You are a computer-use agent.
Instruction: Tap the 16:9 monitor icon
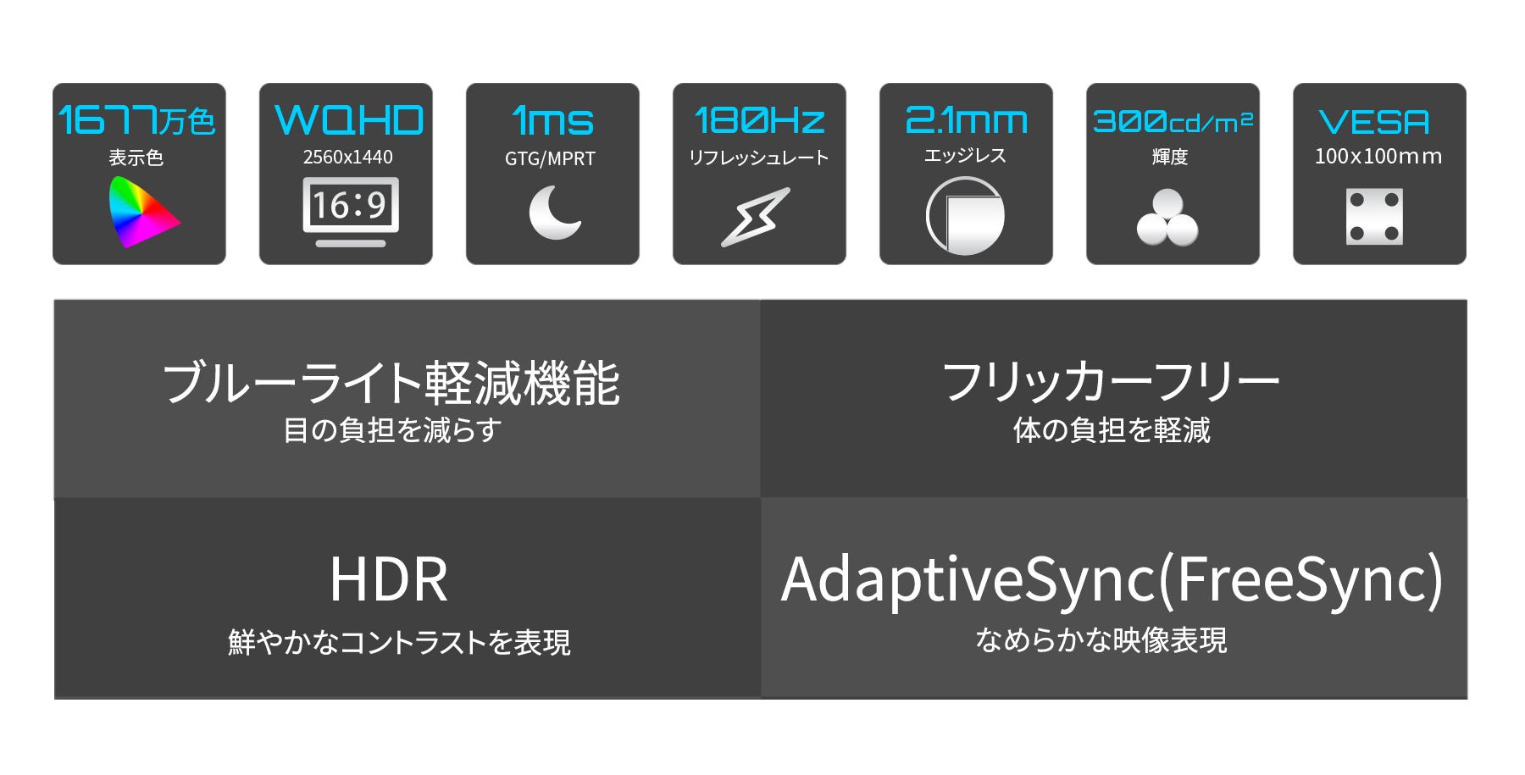click(x=351, y=212)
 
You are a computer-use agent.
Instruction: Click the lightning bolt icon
click(x=756, y=217)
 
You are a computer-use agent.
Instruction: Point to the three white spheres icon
click(x=1167, y=218)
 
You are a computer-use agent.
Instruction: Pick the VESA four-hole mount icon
click(x=1374, y=217)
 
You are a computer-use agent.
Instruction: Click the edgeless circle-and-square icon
click(x=965, y=216)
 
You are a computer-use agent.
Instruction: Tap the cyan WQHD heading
click(x=349, y=120)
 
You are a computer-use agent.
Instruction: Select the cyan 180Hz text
click(x=759, y=120)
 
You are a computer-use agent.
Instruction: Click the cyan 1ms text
click(x=552, y=120)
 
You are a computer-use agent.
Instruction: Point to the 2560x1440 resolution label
click(x=348, y=157)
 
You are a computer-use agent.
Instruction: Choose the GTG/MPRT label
click(x=550, y=158)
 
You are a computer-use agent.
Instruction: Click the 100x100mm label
click(x=1378, y=157)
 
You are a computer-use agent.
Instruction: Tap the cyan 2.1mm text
click(x=967, y=120)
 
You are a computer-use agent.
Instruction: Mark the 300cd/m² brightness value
click(x=1173, y=121)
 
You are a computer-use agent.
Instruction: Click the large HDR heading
click(x=389, y=580)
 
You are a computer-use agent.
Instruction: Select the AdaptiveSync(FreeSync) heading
click(x=1112, y=581)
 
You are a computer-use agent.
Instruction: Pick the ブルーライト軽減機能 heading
click(x=391, y=383)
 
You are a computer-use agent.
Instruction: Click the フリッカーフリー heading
click(x=1111, y=382)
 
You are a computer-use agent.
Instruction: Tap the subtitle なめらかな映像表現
click(x=1101, y=640)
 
